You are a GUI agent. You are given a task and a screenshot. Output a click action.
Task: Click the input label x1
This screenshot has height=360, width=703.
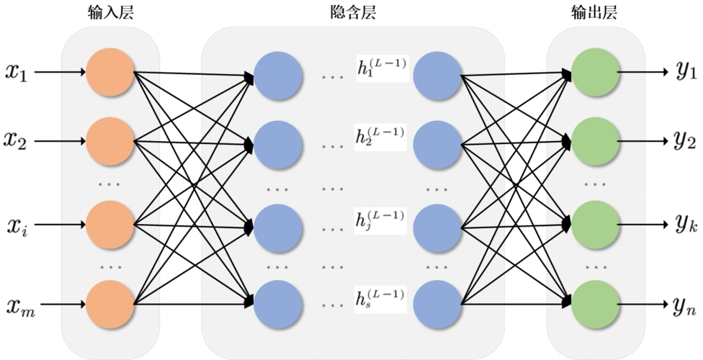tap(16, 72)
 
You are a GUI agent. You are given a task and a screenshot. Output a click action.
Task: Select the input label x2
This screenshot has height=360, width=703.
tap(16, 140)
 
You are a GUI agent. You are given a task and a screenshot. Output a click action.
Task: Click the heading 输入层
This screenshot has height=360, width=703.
tap(109, 13)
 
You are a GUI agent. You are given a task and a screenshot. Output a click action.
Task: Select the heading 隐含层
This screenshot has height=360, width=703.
tap(351, 13)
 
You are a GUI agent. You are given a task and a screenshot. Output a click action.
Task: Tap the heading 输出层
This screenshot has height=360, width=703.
tap(594, 13)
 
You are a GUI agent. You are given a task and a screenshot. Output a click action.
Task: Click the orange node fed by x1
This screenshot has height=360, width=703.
tap(110, 72)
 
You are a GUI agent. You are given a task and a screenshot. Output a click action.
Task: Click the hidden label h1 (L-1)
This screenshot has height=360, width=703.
tap(381, 67)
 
